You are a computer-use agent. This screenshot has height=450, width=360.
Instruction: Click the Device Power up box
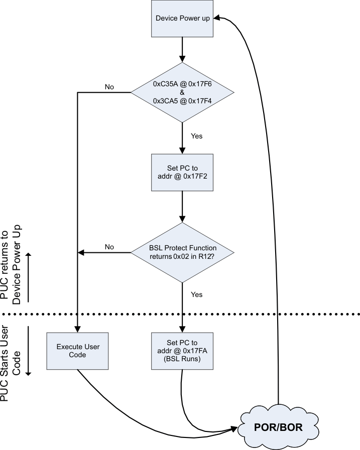[x=182, y=19]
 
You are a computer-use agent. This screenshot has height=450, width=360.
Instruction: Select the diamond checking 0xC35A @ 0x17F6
[x=182, y=92]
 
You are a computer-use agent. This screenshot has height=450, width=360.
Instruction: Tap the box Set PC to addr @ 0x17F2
[x=182, y=172]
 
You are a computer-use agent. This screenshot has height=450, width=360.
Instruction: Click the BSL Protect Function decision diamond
[x=182, y=252]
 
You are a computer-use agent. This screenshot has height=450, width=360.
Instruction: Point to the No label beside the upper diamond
[x=109, y=87]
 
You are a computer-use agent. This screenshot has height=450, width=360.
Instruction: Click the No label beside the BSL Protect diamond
[x=109, y=247]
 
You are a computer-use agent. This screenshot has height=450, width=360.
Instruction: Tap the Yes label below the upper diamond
[x=197, y=135]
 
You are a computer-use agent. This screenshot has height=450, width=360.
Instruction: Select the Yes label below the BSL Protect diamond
[x=197, y=294]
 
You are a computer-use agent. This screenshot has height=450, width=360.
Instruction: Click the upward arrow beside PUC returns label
[x=29, y=276]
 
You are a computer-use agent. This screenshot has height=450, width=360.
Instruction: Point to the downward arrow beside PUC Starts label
[x=29, y=351]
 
